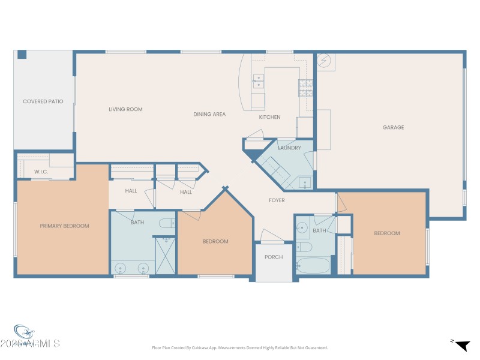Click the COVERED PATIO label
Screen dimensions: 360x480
pyautogui.click(x=43, y=101)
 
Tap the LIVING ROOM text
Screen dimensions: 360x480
pyautogui.click(x=125, y=109)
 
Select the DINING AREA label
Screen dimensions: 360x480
pyautogui.click(x=209, y=114)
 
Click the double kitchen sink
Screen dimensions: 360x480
pyautogui.click(x=258, y=81)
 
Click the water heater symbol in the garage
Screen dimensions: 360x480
pyautogui.click(x=325, y=61)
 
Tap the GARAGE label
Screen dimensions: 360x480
pyautogui.click(x=394, y=127)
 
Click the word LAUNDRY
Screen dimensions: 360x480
pyautogui.click(x=289, y=148)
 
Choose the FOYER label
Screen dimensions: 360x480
pyautogui.click(x=277, y=200)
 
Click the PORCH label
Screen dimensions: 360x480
pyautogui.click(x=274, y=257)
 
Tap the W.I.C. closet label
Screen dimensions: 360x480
pyautogui.click(x=41, y=172)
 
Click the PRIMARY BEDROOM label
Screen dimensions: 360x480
pyautogui.click(x=64, y=226)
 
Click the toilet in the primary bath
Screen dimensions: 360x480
pyautogui.click(x=166, y=224)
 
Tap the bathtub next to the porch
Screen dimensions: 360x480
pyautogui.click(x=313, y=265)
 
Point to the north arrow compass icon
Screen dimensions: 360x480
pyautogui.click(x=461, y=345)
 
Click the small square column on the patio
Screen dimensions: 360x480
pyautogui.click(x=22, y=55)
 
